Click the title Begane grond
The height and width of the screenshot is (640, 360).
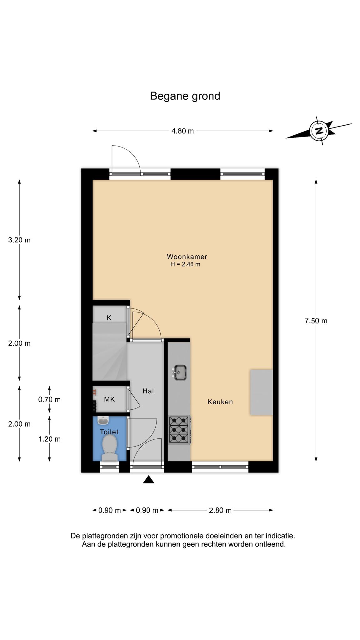pos(185,96)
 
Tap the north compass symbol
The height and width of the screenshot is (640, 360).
pos(319,130)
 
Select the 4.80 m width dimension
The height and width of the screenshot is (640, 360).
pos(183,131)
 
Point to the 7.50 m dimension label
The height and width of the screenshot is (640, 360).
pos(316,321)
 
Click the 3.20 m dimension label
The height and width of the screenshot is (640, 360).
pos(19,240)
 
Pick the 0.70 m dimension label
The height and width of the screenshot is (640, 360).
pos(49,399)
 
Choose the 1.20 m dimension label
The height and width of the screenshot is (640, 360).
pos(49,439)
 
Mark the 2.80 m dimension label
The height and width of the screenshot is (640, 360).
pos(220,510)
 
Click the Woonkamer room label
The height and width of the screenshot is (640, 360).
pos(187,257)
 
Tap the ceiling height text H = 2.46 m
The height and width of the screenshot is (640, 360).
pos(185,264)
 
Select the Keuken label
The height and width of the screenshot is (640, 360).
pos(220,402)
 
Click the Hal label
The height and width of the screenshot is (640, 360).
pos(148,391)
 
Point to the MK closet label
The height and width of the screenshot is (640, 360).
pos(109,399)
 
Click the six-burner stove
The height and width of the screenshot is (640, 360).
pos(179,430)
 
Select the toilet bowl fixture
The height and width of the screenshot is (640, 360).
pos(109,448)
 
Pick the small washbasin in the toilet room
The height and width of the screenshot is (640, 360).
pos(103,420)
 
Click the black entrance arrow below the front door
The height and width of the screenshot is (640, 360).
pos(148,479)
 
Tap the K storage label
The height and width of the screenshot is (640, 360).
pos(109,318)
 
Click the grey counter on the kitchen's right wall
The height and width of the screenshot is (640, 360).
pos(261,392)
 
